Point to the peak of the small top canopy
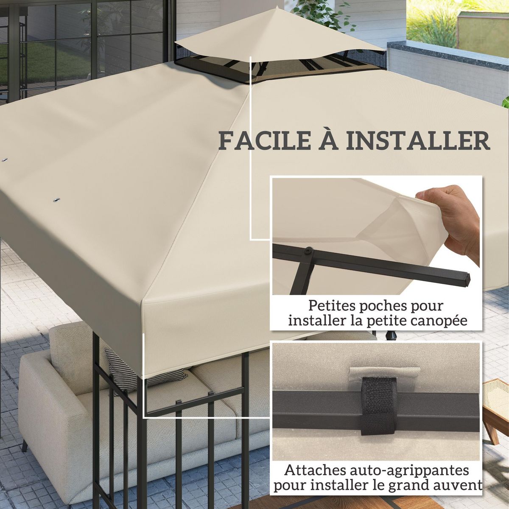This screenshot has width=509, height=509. pos(276,8)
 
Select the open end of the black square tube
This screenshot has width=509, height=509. pos(467,279)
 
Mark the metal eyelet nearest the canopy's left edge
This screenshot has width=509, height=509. pos(5,160)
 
